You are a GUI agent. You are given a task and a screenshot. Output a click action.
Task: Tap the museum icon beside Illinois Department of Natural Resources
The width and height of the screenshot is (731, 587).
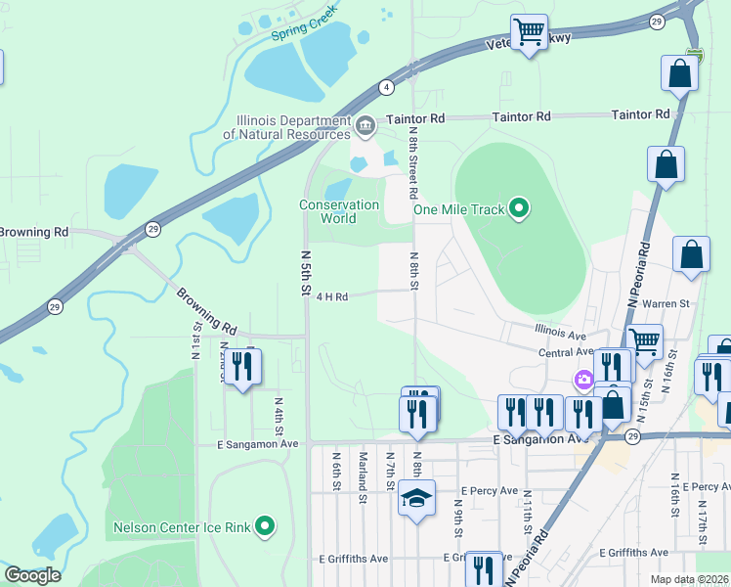(x=365, y=124)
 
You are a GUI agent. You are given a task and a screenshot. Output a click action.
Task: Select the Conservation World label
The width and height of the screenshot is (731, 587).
(x=339, y=211)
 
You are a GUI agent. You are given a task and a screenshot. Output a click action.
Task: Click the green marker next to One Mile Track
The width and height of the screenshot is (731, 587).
(x=520, y=207)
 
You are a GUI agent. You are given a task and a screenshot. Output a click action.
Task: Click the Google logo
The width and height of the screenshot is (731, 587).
(x=32, y=575)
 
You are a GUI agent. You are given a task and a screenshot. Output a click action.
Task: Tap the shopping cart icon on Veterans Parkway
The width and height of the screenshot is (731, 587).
(x=530, y=31)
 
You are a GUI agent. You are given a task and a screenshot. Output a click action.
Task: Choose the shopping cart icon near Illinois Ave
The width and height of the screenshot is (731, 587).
(x=645, y=341)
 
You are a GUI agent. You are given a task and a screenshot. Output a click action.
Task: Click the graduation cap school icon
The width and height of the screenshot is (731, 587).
(x=416, y=498)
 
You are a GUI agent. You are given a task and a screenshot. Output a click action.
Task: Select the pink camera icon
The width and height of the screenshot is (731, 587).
(x=583, y=379)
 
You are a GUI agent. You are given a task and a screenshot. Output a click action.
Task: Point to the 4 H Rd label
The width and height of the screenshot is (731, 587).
(x=332, y=296)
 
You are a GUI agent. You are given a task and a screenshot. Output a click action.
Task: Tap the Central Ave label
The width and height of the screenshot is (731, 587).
(x=566, y=351)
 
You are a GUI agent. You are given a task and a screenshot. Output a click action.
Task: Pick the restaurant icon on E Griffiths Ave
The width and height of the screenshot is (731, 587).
(x=484, y=569)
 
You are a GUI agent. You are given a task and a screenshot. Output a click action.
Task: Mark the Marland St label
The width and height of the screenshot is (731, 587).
(x=362, y=471)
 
